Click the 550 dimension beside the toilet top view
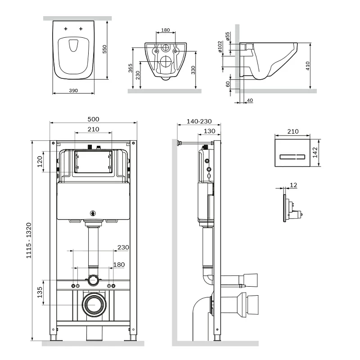coord(104,49)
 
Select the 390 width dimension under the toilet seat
coord(74,90)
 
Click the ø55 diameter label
coord(228,36)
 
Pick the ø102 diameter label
coord(220,47)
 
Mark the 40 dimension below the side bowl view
coord(250,99)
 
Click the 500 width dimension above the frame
coord(93,119)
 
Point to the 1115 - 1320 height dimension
coord(29,240)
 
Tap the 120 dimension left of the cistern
coord(40,162)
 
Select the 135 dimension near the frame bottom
coord(40,292)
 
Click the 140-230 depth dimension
coord(198,121)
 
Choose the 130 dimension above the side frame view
coord(209,131)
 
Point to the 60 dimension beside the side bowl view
coord(228,84)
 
